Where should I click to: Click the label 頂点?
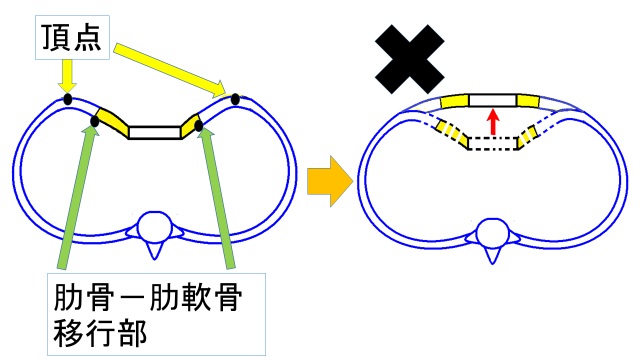point(71,38)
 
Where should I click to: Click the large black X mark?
point(409,59)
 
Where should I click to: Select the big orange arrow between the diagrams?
point(330,181)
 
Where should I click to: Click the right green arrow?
point(218,198)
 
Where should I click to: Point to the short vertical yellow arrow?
point(67,76)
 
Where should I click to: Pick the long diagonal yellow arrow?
point(170,71)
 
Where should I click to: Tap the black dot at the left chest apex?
point(68,99)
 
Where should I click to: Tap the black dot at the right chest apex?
point(235,99)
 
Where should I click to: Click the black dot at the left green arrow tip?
point(94,121)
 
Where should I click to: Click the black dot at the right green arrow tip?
point(199,126)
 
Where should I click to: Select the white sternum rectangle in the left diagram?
point(155,133)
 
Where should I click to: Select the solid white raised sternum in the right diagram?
point(492,100)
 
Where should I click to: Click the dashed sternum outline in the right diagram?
point(493,143)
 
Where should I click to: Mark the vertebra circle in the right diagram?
point(492,233)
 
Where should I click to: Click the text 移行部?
point(100,333)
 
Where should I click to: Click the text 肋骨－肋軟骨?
point(148,297)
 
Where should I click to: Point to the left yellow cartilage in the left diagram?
point(112,122)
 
